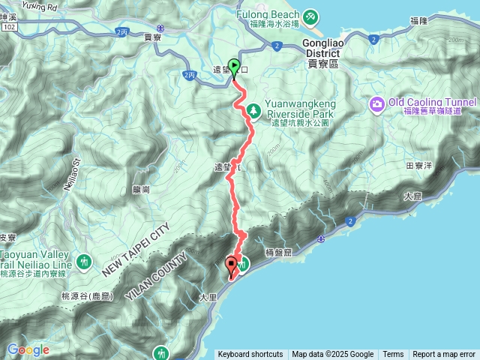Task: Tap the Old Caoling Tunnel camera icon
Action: pos(376,103)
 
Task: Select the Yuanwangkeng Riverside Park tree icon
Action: pos(253,110)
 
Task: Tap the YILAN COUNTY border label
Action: pos(154,274)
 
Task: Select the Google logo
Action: pos(28,349)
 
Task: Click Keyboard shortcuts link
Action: pos(250,355)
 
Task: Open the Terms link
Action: pos(393,355)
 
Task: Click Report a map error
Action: pos(444,355)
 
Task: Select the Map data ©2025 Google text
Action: pos(332,355)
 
